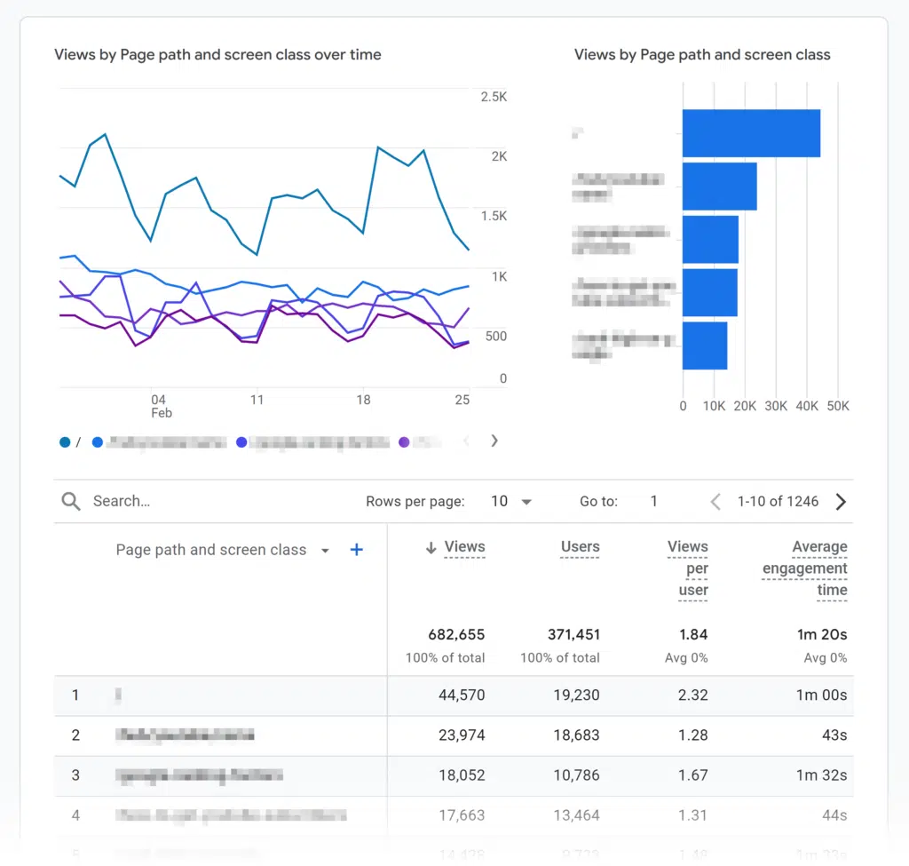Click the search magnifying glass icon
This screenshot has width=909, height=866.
pos(71,502)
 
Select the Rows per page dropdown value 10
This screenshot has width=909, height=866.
pos(510,502)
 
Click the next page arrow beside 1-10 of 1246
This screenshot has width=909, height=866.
pos(841,502)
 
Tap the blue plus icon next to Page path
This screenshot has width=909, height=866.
pos(357,550)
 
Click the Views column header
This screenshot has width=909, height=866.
pos(464,547)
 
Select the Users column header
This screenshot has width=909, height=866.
pos(580,547)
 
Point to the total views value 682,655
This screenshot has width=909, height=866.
pos(456,635)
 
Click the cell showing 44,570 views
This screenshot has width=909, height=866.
pos(462,695)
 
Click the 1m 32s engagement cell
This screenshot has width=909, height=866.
pos(821,775)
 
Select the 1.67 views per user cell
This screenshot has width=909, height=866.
pos(692,775)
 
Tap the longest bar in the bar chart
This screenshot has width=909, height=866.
pos(751,133)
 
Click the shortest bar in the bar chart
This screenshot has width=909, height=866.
pos(705,346)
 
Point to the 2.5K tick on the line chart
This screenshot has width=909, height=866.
pos(494,97)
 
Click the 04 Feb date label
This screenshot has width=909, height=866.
pos(160,406)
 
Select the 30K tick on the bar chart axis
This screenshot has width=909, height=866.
pos(776,406)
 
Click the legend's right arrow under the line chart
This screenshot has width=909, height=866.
pos(494,441)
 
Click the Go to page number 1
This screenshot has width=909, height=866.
pos(653,502)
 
